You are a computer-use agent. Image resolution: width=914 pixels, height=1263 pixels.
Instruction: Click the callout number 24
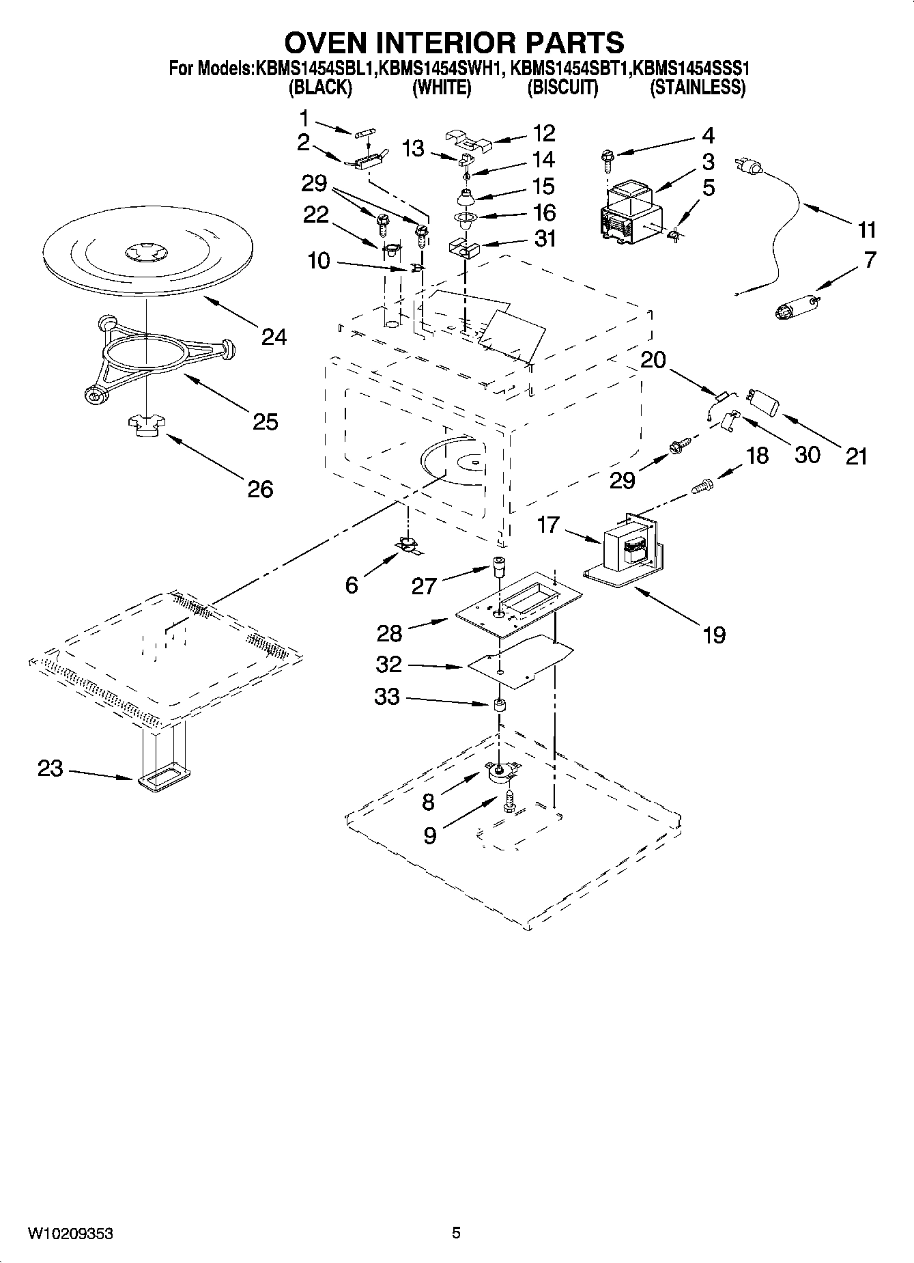[274, 336]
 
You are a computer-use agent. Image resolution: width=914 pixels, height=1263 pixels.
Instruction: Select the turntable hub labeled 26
[145, 428]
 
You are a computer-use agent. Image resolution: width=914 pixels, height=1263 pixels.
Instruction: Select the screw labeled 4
[606, 159]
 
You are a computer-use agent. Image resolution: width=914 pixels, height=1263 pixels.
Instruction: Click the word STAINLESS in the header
[697, 87]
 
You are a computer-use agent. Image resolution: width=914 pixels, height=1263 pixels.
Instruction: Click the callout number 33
[386, 697]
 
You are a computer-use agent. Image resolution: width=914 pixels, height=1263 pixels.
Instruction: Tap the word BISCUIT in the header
[562, 87]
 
